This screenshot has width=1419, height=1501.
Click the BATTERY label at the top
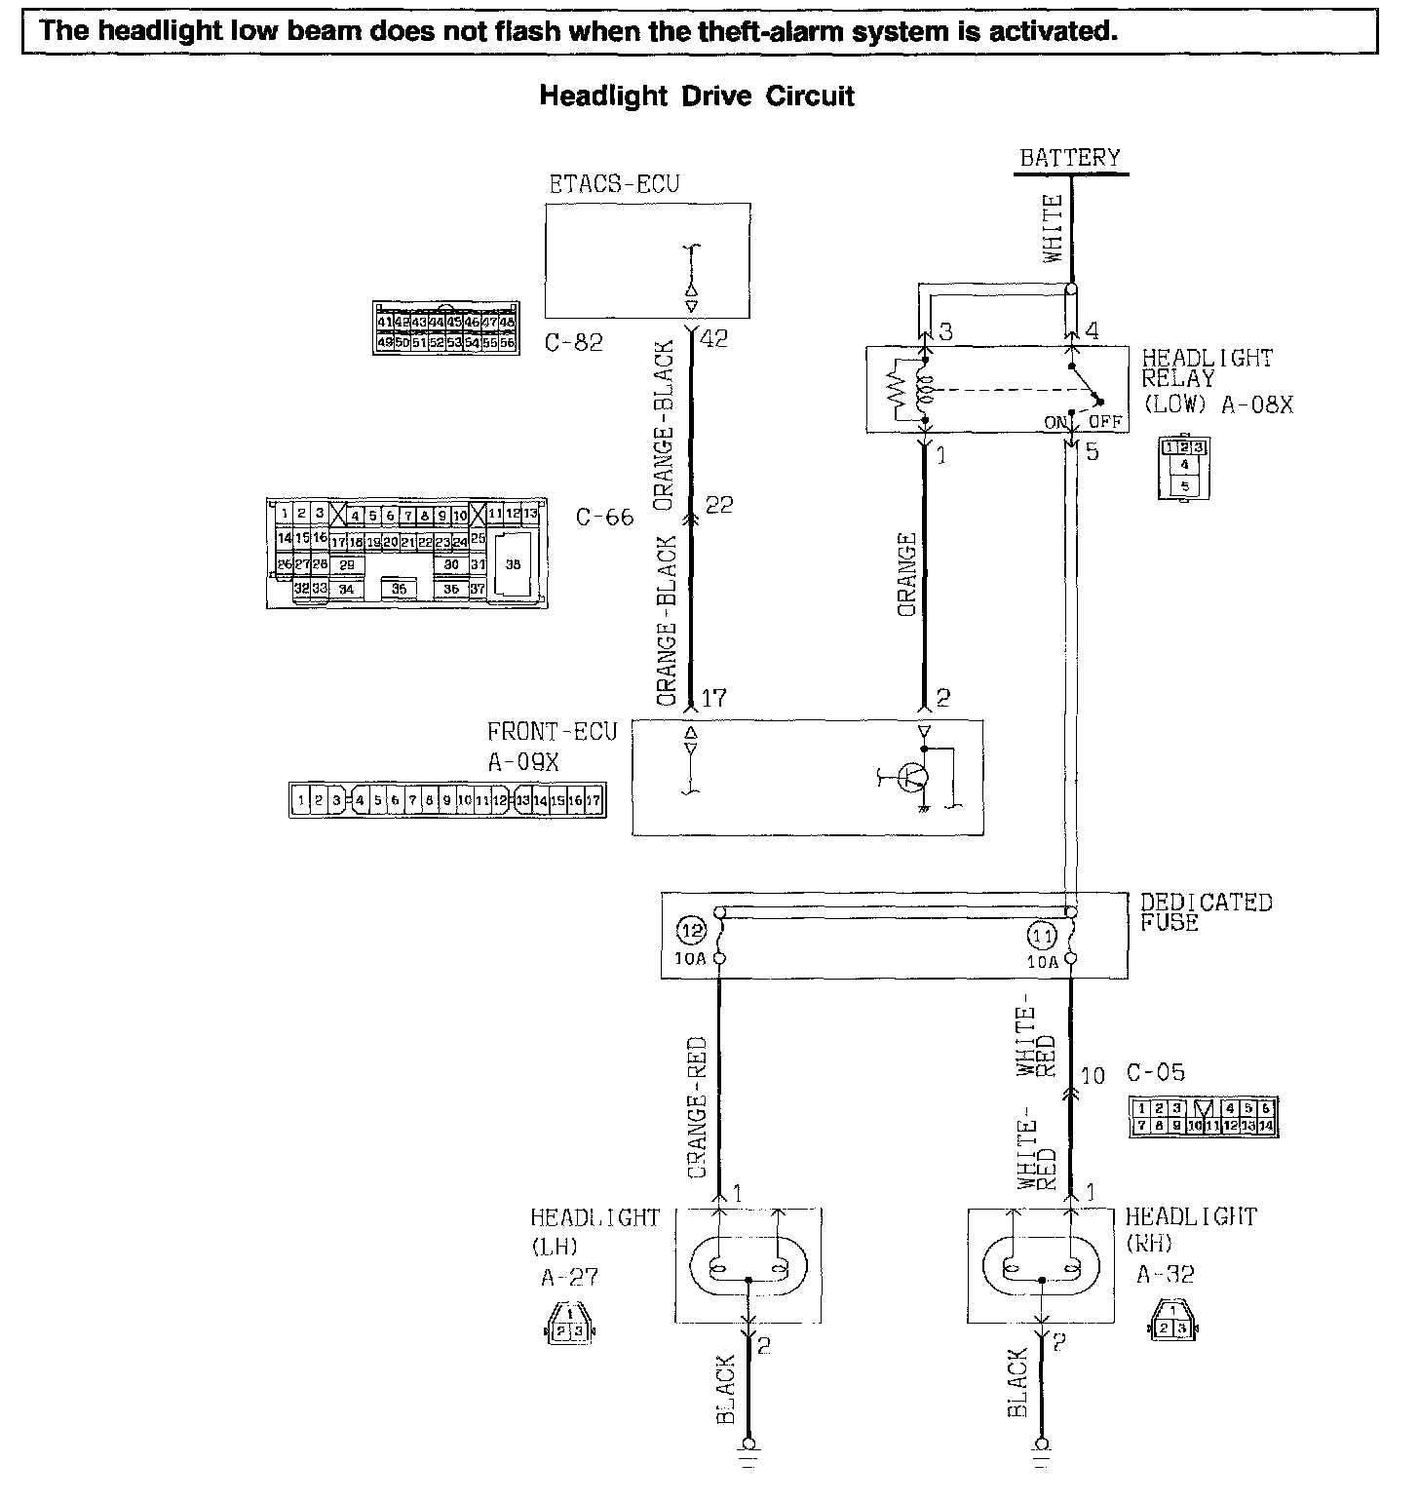[1069, 158]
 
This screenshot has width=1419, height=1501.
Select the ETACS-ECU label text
[613, 184]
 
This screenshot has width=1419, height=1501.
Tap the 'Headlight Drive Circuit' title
[697, 96]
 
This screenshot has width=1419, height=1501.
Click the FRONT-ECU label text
[553, 732]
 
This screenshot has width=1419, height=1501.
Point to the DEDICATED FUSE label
[1207, 912]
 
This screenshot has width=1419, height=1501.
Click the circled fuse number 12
[693, 933]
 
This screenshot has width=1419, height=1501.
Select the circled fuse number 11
[1042, 937]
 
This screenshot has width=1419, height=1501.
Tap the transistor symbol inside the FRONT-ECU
[914, 777]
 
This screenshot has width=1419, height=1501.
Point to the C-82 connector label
[574, 342]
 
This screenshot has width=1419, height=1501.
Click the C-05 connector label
[1156, 1073]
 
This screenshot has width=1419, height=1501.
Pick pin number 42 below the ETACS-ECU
[713, 340]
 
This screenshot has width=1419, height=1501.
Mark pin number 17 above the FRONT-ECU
[713, 698]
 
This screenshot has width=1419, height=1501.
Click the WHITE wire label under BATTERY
[1054, 229]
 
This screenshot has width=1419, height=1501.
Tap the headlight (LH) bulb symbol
[748, 1268]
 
